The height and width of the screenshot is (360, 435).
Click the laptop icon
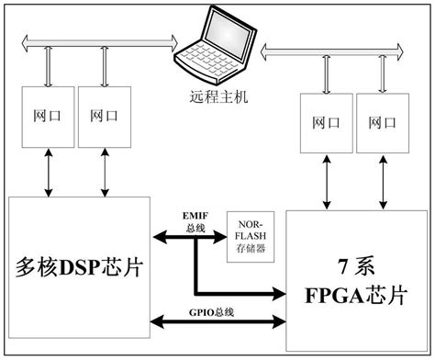pos(217,46)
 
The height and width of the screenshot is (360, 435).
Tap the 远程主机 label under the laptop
pos(218,95)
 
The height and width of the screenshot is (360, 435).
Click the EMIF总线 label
pos(194,220)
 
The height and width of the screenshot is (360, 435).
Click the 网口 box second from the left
pos(104,117)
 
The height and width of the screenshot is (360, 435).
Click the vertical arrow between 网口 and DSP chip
pos(48,171)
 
